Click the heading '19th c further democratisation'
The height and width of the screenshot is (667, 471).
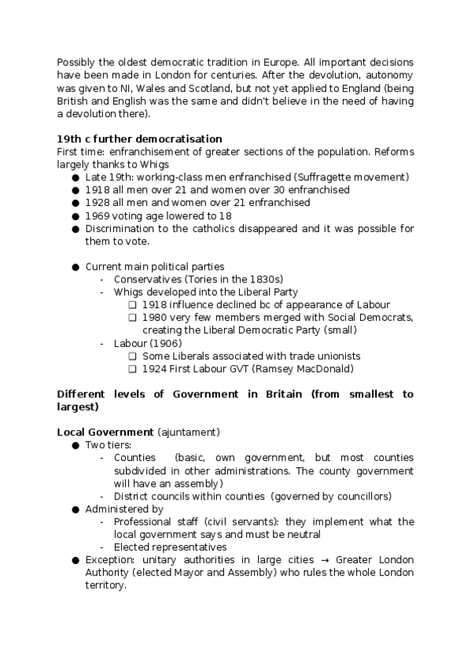(x=139, y=139)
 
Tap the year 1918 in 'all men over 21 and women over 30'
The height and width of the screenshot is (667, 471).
(x=98, y=190)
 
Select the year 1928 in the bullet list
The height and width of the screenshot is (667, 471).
(x=98, y=202)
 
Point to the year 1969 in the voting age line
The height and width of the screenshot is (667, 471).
(x=98, y=216)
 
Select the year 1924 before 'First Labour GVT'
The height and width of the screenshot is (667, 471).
(x=155, y=368)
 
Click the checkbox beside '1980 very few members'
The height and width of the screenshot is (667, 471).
(x=133, y=318)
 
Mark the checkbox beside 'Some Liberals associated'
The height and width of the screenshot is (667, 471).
(x=133, y=356)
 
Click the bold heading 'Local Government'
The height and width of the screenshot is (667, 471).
(x=105, y=432)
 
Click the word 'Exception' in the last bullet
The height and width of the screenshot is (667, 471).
(x=109, y=560)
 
